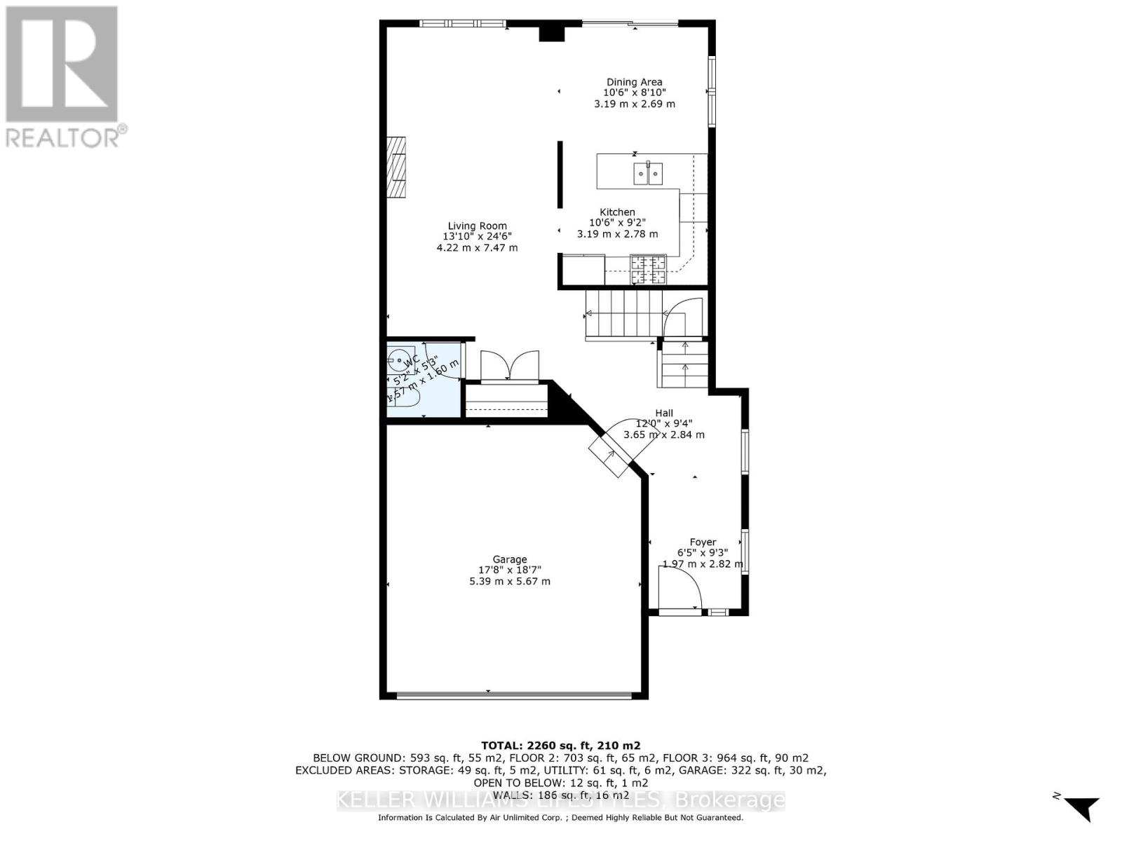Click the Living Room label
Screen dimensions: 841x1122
click(x=478, y=226)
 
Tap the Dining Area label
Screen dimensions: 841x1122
click(x=634, y=82)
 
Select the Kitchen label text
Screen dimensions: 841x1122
click(x=617, y=212)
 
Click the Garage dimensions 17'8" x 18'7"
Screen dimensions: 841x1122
click(x=509, y=570)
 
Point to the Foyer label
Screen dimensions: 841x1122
click(x=703, y=542)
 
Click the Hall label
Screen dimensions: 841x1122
click(x=664, y=413)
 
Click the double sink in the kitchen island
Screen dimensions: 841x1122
click(x=648, y=172)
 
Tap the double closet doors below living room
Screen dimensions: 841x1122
click(x=510, y=366)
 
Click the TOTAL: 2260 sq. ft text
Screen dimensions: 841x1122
click(x=560, y=746)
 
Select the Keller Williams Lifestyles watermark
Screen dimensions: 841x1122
click(x=560, y=800)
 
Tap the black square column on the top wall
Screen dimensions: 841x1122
click(x=551, y=32)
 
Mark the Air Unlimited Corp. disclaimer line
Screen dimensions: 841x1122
click(x=560, y=818)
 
